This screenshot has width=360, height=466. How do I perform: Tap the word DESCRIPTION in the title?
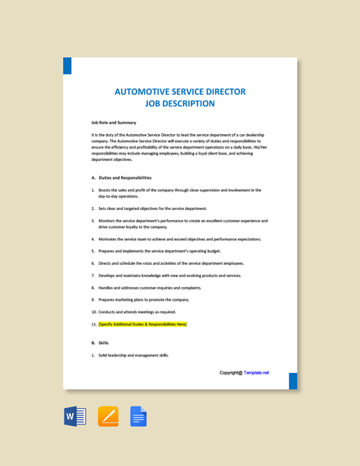point(187,104)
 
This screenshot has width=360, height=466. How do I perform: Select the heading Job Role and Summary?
point(114,123)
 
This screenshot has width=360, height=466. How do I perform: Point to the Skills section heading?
point(103,343)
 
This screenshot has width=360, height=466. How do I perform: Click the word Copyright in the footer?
point(230,373)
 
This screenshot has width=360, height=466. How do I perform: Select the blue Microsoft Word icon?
point(75,417)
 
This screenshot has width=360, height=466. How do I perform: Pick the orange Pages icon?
point(108,417)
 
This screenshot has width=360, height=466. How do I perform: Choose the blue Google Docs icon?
point(138,417)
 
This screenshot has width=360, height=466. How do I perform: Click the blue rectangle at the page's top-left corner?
point(67,65)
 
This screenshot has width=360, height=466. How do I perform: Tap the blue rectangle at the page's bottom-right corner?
point(293,381)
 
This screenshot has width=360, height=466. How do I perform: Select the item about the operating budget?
point(160,251)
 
